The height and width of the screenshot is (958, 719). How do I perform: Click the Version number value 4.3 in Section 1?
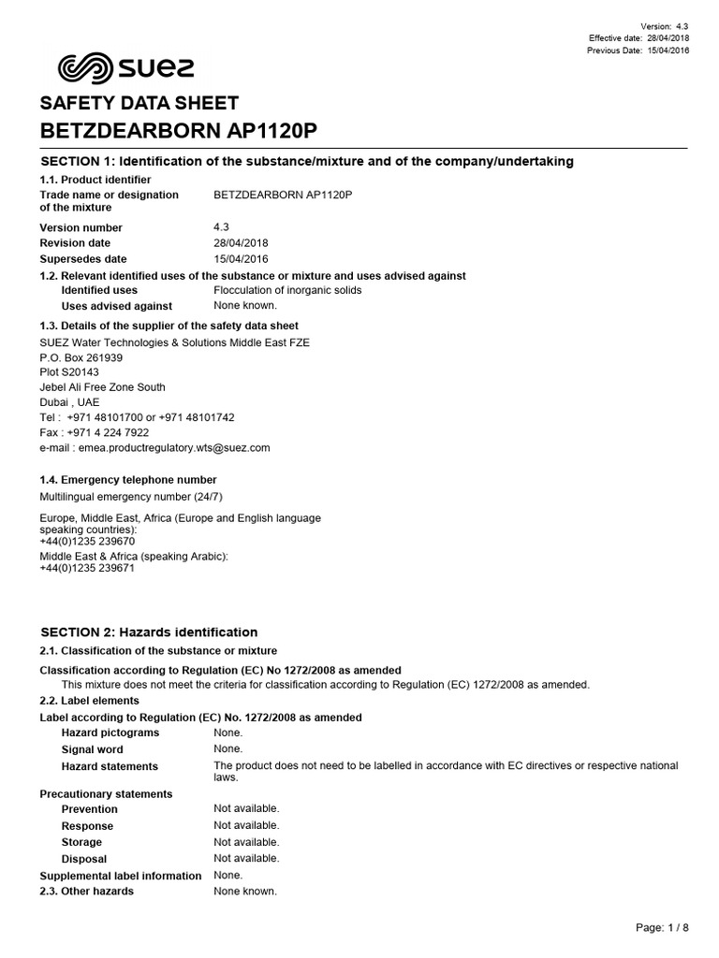221,227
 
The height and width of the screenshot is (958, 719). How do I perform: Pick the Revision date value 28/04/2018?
241,243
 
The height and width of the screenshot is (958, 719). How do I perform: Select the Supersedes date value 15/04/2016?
241,259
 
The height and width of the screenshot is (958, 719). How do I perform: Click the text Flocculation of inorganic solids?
287,290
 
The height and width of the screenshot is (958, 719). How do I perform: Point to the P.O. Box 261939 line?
81,357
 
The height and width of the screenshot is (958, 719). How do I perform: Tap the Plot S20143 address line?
69,372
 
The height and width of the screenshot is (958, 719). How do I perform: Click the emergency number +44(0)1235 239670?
87,541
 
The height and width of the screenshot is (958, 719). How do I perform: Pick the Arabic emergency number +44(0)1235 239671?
87,568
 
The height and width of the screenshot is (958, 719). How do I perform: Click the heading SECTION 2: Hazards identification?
148,632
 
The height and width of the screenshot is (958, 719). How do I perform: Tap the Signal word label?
92,749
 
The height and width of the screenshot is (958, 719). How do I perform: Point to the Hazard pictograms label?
110,733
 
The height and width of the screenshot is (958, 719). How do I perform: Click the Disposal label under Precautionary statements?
84,859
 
